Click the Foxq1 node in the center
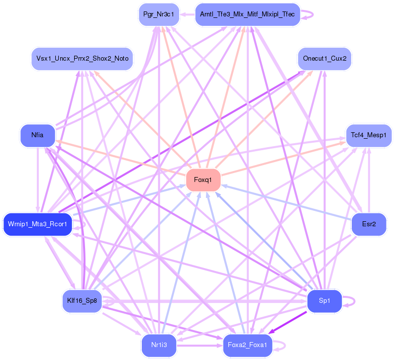pyautogui.click(x=203, y=180)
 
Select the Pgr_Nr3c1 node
pyautogui.click(x=158, y=14)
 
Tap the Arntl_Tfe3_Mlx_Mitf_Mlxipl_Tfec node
pyautogui.click(x=247, y=14)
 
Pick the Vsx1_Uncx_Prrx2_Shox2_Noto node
pyautogui.click(x=82, y=59)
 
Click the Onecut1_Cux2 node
pyautogui.click(x=324, y=59)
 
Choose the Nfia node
pyautogui.click(x=37, y=135)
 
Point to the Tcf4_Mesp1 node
pyautogui.click(x=369, y=135)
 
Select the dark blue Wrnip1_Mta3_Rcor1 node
pyautogui.click(x=38, y=224)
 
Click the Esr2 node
pyautogui.click(x=369, y=224)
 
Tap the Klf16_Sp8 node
pyautogui.click(x=82, y=300)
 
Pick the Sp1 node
pyautogui.click(x=324, y=300)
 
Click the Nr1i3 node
pyautogui.click(x=158, y=345)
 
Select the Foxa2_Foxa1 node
pyautogui.click(x=247, y=345)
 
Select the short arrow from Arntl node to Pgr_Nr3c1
pyautogui.click(x=187, y=14)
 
